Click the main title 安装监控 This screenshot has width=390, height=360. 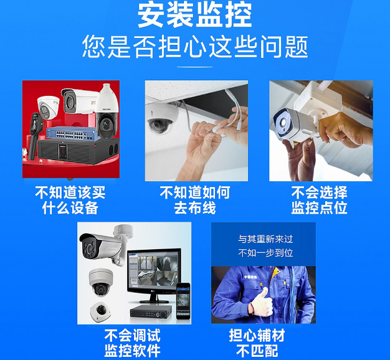coord(195,16)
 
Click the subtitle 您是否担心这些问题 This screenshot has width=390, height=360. coord(195,47)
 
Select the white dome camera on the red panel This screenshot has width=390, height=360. coord(48,107)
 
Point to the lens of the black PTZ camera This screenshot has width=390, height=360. coord(107,123)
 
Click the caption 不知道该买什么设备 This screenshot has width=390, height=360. coord(70,200)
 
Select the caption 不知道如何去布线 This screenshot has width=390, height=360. coord(195,200)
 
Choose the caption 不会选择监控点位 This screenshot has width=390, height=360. coord(319,200)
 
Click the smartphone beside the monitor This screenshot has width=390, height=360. coord(183,301)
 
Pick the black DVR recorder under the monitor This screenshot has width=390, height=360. coord(151,311)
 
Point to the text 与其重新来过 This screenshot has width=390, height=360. coord(265,239)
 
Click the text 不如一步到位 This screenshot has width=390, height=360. coord(265,253)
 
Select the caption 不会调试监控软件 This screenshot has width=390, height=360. coord(132,343)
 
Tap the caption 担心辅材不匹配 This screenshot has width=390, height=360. coord(257,343)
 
